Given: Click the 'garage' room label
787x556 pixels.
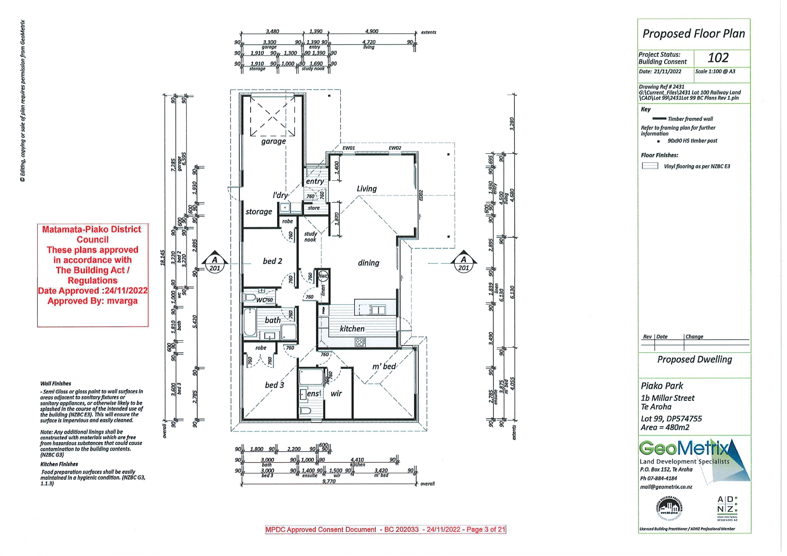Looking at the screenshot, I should (274, 141).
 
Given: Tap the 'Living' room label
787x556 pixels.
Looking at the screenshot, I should (367, 189).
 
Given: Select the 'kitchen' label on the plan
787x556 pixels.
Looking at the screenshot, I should (352, 329).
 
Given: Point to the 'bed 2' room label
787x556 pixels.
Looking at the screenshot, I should (273, 261).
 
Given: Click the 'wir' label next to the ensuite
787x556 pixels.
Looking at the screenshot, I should (336, 393).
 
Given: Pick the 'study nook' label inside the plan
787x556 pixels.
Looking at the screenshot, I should (310, 237).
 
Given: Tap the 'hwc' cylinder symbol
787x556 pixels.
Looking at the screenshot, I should (323, 276).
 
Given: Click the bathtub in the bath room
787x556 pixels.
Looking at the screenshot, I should (250, 322).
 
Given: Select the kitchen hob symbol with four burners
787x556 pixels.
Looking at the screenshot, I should (360, 343).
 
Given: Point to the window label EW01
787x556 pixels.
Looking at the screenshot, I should (348, 148).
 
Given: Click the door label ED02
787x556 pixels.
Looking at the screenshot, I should (421, 195).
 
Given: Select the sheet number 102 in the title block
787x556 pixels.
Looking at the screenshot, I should (718, 58).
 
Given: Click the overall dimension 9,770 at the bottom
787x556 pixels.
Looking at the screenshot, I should (329, 481).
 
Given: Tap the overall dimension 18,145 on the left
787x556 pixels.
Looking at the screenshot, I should (163, 258).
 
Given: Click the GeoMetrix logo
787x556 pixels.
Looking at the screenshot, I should (686, 448).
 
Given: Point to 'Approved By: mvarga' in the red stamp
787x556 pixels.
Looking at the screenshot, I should (92, 301).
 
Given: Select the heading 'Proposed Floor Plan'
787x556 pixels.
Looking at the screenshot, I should (693, 34).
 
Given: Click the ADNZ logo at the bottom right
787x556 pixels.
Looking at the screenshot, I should (727, 508).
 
